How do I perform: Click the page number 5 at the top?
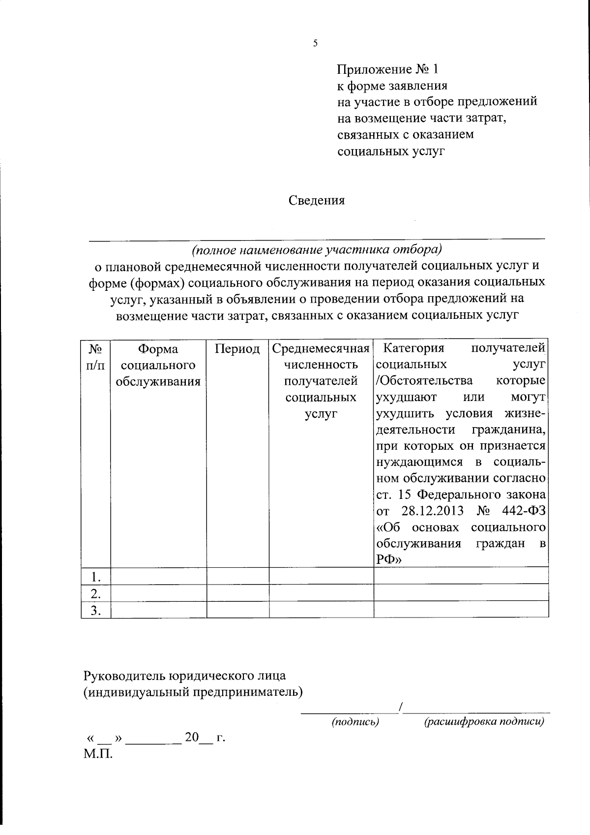pyautogui.click(x=315, y=43)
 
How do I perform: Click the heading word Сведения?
pyautogui.click(x=317, y=200)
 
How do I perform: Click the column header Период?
pyautogui.click(x=237, y=349)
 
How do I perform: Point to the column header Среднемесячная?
pyautogui.click(x=321, y=349)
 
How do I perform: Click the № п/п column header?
pyautogui.click(x=96, y=357)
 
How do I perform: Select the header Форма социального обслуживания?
pyautogui.click(x=158, y=365)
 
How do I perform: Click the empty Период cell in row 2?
pyautogui.click(x=237, y=593)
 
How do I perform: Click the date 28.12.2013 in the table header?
pyautogui.click(x=432, y=511)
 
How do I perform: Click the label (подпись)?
pyautogui.click(x=355, y=722)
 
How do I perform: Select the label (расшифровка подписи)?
pyautogui.click(x=484, y=722)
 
